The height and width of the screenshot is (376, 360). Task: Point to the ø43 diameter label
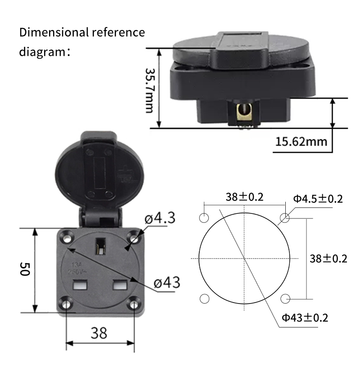click(166, 283)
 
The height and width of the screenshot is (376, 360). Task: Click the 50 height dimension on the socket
click(25, 270)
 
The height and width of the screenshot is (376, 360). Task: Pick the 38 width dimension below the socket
click(99, 333)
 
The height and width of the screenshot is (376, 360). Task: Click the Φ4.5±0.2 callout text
click(318, 199)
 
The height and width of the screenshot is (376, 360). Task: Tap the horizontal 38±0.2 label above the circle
click(244, 197)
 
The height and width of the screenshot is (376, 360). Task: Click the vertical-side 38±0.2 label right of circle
click(328, 258)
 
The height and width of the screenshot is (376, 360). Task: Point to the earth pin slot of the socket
click(100, 247)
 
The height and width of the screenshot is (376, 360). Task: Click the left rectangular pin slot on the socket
click(80, 285)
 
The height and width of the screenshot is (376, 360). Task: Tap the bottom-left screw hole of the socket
click(67, 304)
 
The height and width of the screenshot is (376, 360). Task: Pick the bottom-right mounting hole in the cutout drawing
click(284, 299)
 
